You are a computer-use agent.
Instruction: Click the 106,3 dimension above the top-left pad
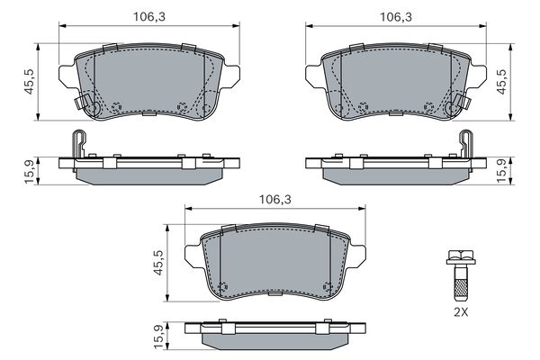[x=149, y=17]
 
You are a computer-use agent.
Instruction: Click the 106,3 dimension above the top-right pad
[x=396, y=17]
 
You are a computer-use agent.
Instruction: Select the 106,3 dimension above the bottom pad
[x=275, y=199]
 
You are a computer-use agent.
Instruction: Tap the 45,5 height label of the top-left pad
[x=29, y=81]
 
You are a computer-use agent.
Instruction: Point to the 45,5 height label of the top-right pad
[x=501, y=81]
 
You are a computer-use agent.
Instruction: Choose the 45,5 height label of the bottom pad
[x=158, y=263]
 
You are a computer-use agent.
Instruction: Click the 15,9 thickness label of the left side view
[x=30, y=172]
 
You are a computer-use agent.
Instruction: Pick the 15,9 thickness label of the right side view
[x=502, y=172]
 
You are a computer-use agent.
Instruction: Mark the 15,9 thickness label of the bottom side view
[x=158, y=337]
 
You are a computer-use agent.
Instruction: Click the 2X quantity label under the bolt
[x=461, y=312]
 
